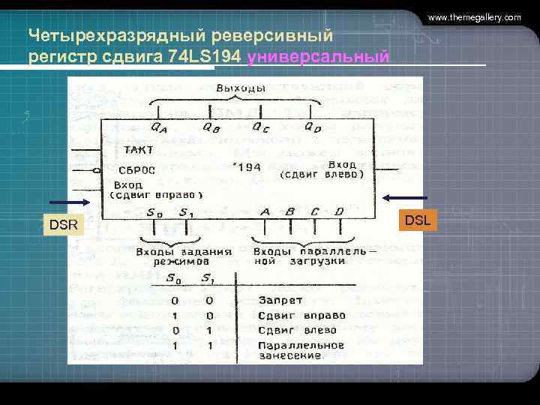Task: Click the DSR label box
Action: (64, 224)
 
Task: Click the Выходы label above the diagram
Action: (240, 88)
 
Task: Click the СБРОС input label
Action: (136, 169)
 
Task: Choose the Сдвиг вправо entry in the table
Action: (301, 315)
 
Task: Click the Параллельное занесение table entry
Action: (301, 350)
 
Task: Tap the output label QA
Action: (159, 127)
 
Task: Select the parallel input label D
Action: (338, 212)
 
